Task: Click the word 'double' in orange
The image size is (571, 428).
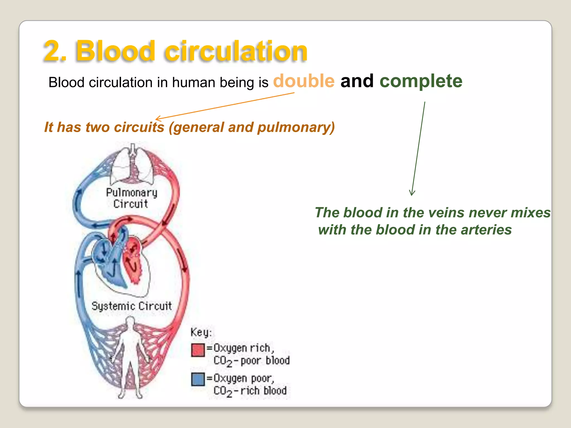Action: coord(304,81)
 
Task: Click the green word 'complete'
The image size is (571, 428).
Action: coord(421,81)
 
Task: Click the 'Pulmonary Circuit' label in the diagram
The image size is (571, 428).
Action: coord(131,198)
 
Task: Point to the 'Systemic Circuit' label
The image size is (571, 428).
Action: coord(132,306)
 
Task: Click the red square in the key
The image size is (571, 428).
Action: coord(198,350)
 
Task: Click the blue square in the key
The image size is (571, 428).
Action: coord(198,380)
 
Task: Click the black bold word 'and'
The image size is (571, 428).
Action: coord(357,81)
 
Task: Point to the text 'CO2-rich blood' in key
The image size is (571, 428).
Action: coord(250,391)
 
